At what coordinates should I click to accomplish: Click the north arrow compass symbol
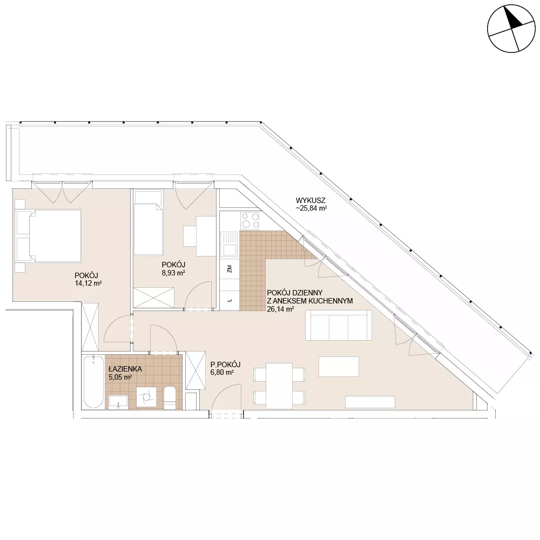click(x=511, y=29)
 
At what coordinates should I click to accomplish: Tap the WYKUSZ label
click(x=310, y=200)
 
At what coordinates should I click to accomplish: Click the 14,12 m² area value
click(x=88, y=284)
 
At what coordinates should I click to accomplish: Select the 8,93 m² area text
click(x=173, y=273)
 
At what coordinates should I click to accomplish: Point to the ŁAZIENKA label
click(x=125, y=369)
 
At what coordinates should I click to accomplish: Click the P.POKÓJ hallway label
click(x=225, y=364)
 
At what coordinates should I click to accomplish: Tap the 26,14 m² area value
click(x=280, y=309)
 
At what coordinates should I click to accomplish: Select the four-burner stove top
click(x=250, y=221)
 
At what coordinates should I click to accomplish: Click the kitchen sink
click(x=230, y=245)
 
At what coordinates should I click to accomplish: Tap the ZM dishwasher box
click(x=230, y=268)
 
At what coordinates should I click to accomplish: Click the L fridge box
click(x=230, y=300)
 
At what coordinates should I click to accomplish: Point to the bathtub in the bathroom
click(x=93, y=382)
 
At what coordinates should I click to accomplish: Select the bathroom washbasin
click(x=118, y=402)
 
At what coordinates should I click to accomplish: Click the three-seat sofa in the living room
click(x=339, y=325)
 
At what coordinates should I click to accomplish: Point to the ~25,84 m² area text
click(x=311, y=208)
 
